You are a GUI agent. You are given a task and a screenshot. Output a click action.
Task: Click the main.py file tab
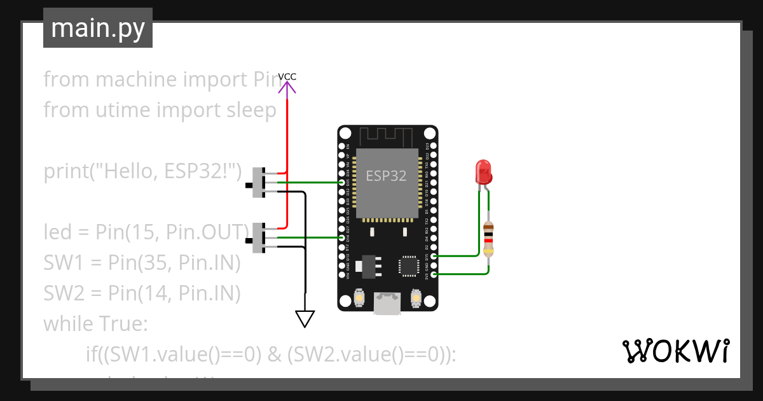(97, 28)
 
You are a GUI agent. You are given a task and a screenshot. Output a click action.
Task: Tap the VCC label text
(287, 77)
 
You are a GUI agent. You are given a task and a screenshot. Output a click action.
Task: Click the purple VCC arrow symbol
(287, 90)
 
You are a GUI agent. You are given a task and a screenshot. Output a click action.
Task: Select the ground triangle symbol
(305, 318)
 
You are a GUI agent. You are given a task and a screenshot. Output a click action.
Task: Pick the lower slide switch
(259, 238)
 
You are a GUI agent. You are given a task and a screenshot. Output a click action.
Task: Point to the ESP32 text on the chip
(386, 176)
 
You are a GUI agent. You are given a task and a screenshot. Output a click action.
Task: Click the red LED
(483, 172)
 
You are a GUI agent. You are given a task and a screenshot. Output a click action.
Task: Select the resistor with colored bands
(488, 239)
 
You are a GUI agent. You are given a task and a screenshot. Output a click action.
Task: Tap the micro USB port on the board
(387, 304)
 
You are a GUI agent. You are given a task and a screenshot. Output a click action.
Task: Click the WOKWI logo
(675, 351)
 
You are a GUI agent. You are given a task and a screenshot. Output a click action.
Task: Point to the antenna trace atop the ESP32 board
(387, 136)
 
